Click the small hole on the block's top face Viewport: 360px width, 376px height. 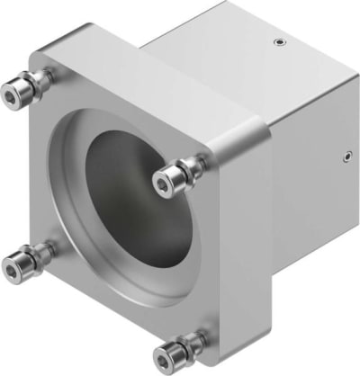point(279,41)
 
